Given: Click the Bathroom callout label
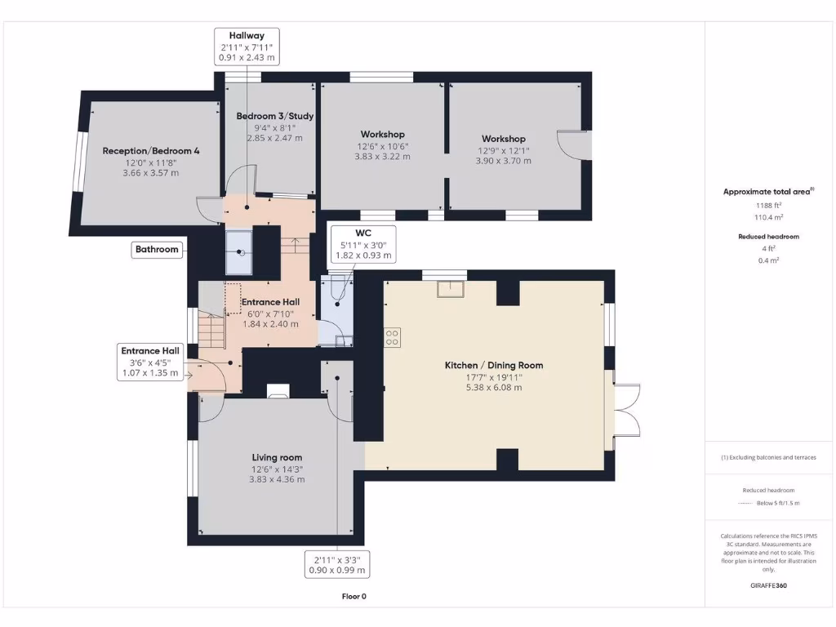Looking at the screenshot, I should (x=157, y=250).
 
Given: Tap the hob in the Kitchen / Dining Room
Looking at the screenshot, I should (x=392, y=336).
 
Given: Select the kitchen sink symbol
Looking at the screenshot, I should (x=450, y=288).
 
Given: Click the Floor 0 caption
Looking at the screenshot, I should (x=354, y=597).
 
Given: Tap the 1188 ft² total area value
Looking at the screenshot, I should (x=767, y=206).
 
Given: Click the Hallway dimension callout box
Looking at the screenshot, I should (x=247, y=47).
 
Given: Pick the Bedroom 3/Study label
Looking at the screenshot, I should (x=275, y=116).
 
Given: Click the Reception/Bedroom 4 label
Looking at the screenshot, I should (x=151, y=151).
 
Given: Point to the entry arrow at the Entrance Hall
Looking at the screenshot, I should (x=189, y=376).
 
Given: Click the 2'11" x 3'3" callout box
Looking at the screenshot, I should (x=336, y=565).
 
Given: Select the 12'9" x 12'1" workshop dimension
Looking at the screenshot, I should (x=503, y=150).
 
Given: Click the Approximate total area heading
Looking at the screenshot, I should (x=767, y=192).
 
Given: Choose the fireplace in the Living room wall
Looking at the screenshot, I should (x=278, y=390).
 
